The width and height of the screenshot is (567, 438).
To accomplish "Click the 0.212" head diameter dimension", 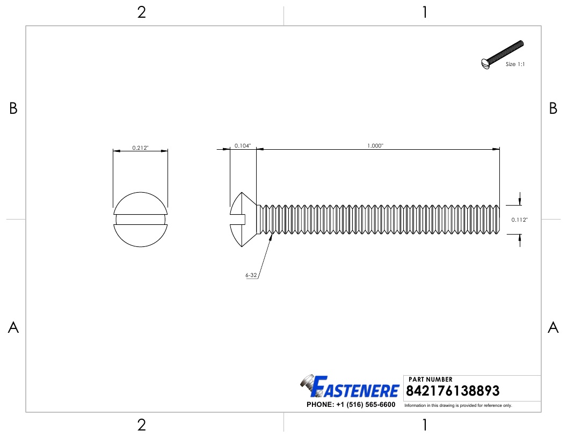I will tap(140, 148).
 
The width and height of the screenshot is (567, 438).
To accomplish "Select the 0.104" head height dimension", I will tap(243, 145).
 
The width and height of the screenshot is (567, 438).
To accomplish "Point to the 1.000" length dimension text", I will tap(375, 145).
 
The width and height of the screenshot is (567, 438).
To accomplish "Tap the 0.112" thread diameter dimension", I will tap(519, 220).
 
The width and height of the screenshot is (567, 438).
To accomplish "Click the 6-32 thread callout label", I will tap(251, 275).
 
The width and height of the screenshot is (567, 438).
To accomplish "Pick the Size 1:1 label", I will tap(515, 64).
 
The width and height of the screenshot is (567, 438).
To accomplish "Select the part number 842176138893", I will tap(453, 391).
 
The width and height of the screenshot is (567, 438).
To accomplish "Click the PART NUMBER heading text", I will tap(431, 379).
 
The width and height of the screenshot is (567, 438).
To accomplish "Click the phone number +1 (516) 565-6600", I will tap(351, 405).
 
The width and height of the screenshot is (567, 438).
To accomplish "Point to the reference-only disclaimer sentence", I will tap(458, 405).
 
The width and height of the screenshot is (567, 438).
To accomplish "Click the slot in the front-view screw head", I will tap(140, 220).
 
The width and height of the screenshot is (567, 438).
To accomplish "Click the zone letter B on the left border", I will tap(13, 109).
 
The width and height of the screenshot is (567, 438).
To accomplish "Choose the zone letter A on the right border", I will tap(553, 327).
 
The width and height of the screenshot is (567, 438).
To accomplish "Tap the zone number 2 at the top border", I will tap(141, 13).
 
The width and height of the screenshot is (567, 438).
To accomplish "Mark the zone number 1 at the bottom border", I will tap(425, 425).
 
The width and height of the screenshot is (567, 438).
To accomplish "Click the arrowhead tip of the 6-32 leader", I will tap(271, 234).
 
